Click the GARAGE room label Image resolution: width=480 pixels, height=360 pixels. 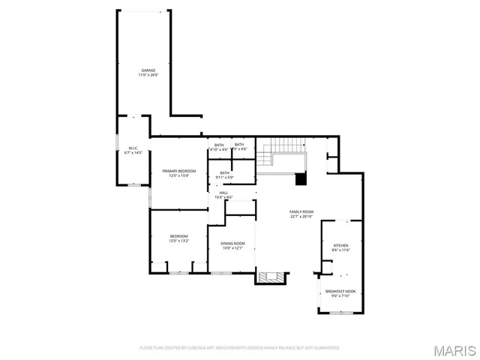click(x=148, y=70)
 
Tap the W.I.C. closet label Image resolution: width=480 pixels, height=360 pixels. click(x=133, y=148)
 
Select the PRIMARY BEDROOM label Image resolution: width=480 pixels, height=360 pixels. click(x=178, y=171)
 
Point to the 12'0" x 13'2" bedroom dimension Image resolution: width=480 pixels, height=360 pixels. click(x=178, y=241)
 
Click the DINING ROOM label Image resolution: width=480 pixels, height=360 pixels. click(x=232, y=243)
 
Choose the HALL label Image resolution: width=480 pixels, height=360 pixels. click(x=223, y=193)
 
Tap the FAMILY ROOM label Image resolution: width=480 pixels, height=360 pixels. click(x=301, y=211)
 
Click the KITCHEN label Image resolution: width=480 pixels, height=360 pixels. click(x=340, y=245)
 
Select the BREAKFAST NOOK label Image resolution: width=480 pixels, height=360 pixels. click(x=340, y=291)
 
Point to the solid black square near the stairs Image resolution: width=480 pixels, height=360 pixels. click(x=301, y=179)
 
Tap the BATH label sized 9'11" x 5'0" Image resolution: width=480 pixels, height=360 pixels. click(x=225, y=173)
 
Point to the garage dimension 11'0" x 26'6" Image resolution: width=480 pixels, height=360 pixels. click(x=148, y=75)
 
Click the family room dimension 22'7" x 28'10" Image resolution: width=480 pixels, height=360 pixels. click(x=301, y=217)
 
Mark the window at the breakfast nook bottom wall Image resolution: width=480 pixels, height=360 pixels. click(x=341, y=313)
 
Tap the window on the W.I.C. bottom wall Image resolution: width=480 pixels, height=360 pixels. click(x=133, y=184)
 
